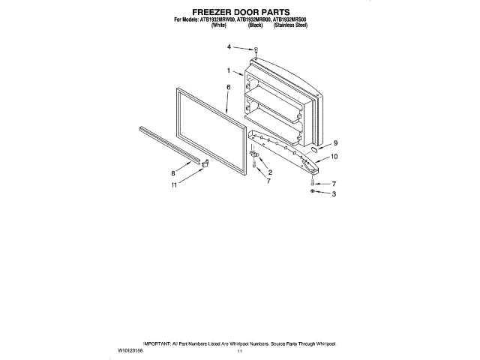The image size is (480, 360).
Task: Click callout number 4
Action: (x=229, y=47)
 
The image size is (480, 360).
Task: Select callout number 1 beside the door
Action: (x=228, y=71)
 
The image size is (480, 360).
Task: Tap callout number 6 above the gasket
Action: (x=228, y=87)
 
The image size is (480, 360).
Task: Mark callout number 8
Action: (x=173, y=172)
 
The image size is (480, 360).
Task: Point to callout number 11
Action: (x=174, y=184)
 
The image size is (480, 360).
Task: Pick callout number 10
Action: (x=334, y=157)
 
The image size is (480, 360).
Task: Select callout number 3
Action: (x=334, y=193)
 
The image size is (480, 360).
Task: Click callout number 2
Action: (x=270, y=173)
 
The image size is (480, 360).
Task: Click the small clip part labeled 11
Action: (x=202, y=170)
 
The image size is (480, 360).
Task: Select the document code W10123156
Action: (x=131, y=350)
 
